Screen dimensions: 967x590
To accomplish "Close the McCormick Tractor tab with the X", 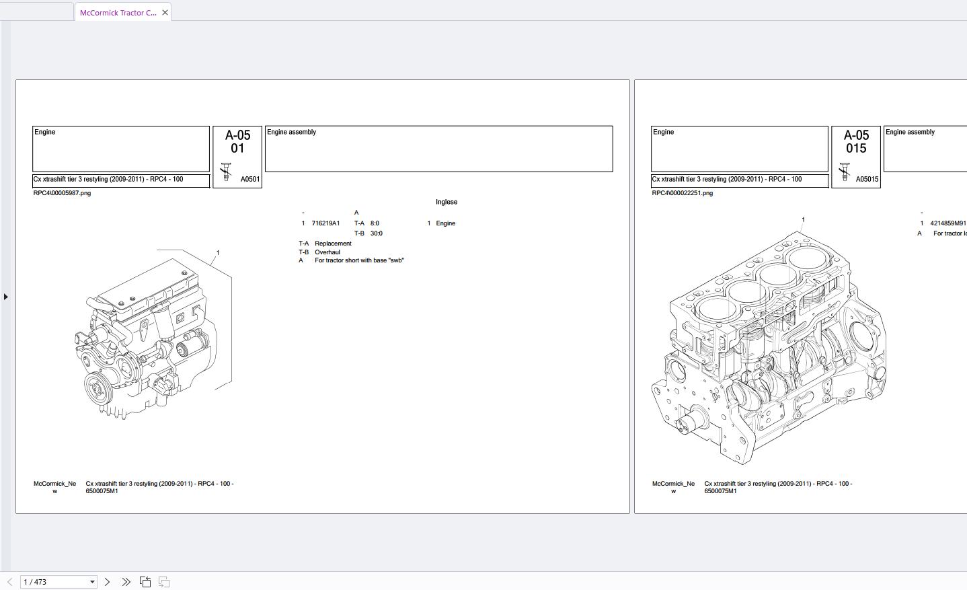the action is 165,13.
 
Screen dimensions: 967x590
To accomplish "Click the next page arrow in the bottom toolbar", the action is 107,582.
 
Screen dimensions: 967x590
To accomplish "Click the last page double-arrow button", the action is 126,582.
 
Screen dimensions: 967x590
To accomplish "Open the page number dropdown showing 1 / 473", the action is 92,582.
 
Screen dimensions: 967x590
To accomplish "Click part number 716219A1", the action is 325,223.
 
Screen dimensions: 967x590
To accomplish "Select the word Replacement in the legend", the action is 333,244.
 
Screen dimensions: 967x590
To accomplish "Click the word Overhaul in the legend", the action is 327,252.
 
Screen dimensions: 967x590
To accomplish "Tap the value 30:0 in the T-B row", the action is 376,233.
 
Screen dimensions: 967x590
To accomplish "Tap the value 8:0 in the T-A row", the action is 375,223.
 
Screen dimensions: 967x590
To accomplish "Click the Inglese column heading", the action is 447,202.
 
